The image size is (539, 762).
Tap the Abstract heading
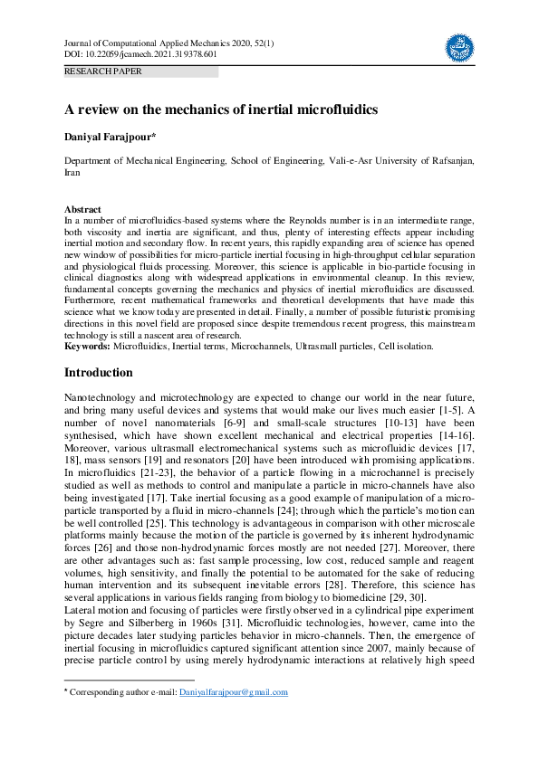[x=82, y=210]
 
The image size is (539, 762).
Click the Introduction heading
[x=99, y=373]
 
